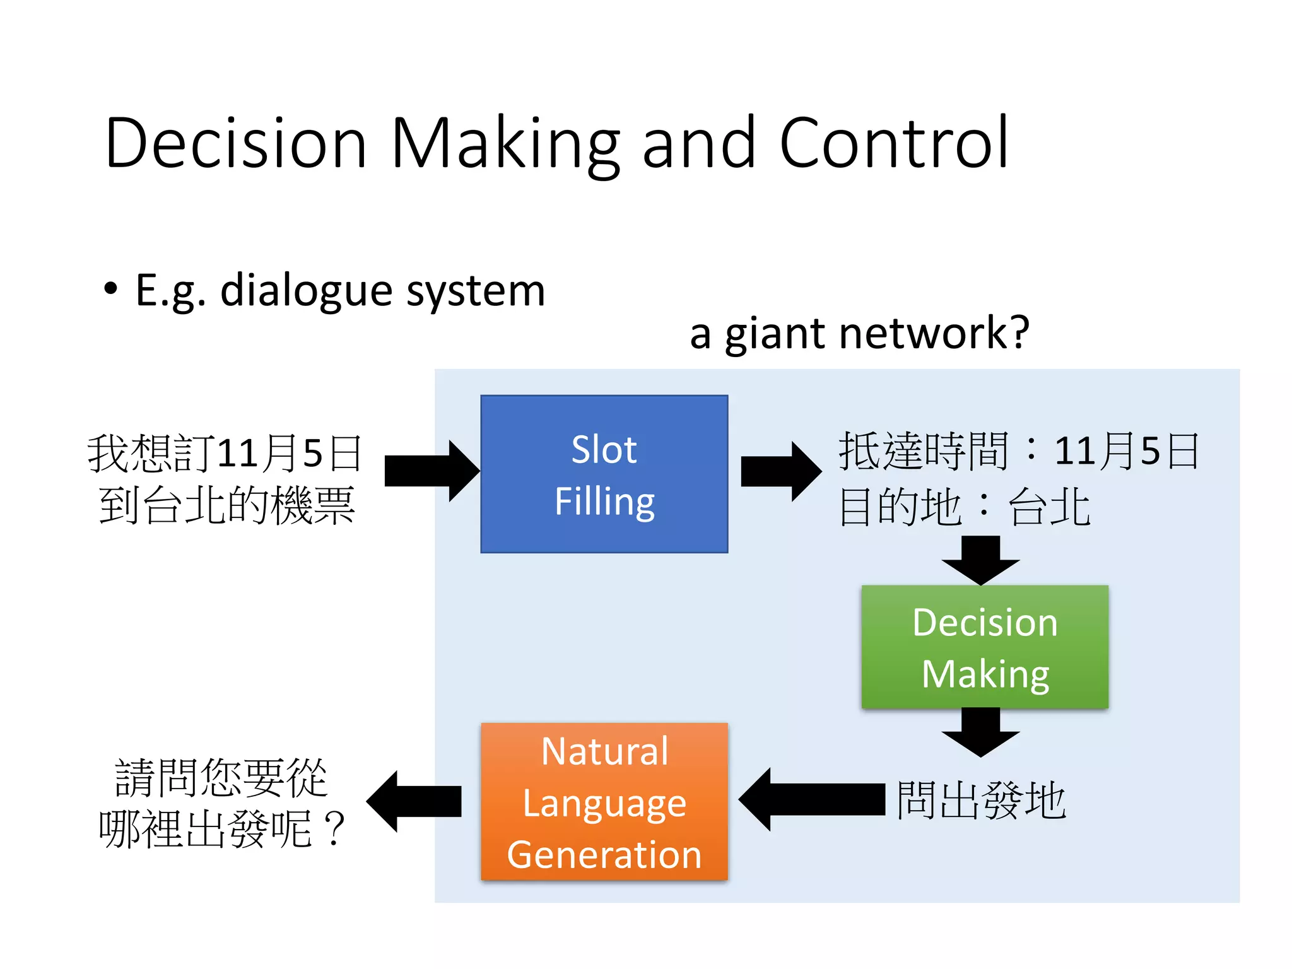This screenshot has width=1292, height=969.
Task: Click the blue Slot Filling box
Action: [604, 474]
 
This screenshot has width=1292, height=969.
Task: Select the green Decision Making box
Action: [984, 647]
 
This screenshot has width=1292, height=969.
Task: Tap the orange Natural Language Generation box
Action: [604, 801]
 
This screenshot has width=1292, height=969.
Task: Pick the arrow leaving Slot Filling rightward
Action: [780, 471]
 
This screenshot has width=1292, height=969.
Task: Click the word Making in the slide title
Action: [505, 145]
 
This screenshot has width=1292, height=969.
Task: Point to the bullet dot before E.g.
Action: [111, 289]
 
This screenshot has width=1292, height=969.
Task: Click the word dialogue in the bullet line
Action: [305, 291]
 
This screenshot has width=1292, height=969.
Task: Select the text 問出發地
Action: [981, 800]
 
